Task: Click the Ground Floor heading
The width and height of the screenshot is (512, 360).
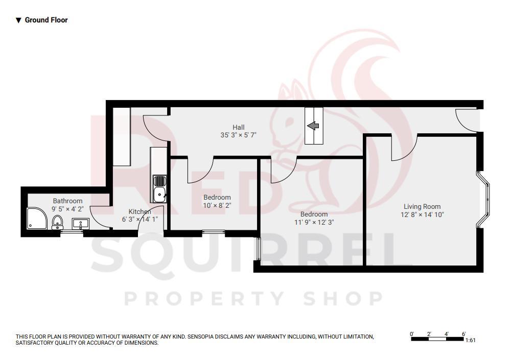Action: [x=46, y=20]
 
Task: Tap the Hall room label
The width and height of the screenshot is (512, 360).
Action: [x=239, y=127]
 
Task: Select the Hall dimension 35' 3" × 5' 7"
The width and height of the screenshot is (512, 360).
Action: [x=239, y=135]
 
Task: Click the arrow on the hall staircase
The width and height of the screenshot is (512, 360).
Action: [x=313, y=126]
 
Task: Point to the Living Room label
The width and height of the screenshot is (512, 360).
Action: [x=422, y=207]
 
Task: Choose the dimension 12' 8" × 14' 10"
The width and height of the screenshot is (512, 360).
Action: [x=422, y=215]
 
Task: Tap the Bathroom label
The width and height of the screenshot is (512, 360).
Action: [x=67, y=201]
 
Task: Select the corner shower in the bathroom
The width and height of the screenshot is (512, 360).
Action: [x=37, y=218]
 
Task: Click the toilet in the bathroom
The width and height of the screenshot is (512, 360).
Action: [x=57, y=222]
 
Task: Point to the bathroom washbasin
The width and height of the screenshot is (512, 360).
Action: [x=80, y=223]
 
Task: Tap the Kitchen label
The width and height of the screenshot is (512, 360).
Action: [x=139, y=211]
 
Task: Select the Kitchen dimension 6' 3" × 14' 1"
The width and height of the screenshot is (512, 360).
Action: [x=139, y=220]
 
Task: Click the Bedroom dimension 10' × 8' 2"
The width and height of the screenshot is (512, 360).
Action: [x=217, y=205]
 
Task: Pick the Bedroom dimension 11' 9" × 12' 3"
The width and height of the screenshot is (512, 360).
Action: [x=314, y=222]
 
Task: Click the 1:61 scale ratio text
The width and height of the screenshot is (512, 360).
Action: [x=471, y=340]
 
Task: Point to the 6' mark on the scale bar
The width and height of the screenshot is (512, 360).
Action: [x=463, y=334]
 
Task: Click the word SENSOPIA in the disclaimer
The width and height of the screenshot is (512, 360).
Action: [x=203, y=337]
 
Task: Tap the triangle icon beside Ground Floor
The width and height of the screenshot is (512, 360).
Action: [x=18, y=20]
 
